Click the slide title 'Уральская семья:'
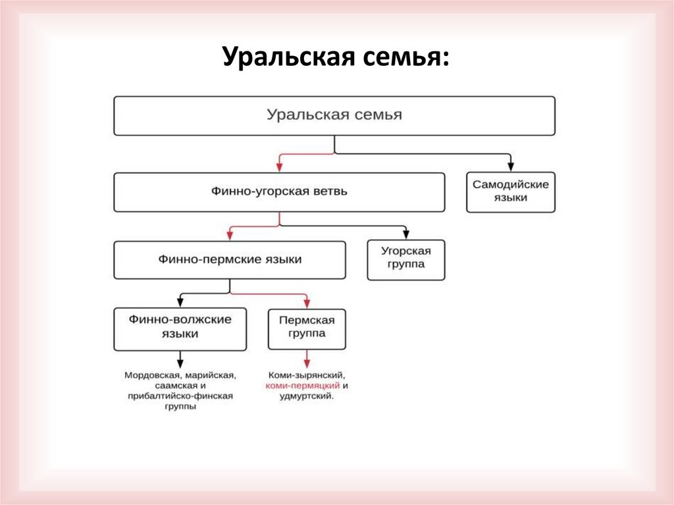tap(336, 58)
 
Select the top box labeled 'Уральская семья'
tap(334, 115)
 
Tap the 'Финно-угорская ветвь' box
tap(279, 192)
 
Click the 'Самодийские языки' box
tap(510, 192)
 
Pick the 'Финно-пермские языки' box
tap(230, 260)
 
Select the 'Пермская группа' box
tap(307, 327)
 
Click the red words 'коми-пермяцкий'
tap(302, 385)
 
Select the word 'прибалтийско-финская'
tap(180, 396)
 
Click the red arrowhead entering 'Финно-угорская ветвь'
tap(279, 167)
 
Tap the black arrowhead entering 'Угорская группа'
tap(406, 235)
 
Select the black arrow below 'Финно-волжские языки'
tap(180, 359)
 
